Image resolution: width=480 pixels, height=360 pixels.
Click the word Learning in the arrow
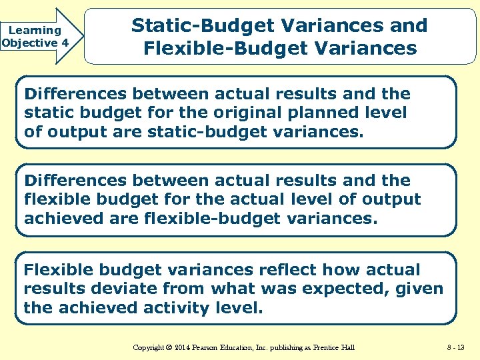(x=35, y=30)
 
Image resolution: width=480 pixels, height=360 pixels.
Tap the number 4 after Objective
(x=65, y=43)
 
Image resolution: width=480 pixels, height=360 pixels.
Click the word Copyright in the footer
(x=151, y=347)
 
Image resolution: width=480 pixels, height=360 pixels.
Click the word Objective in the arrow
(x=29, y=43)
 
